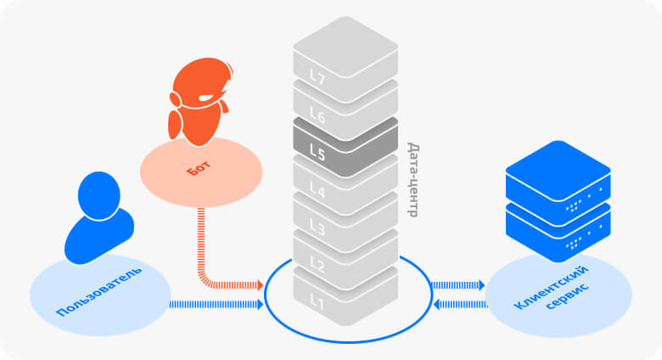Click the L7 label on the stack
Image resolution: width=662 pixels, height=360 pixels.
click(x=317, y=77)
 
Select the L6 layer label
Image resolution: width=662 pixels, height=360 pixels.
click(x=317, y=115)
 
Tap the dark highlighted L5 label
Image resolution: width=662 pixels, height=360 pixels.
click(x=317, y=153)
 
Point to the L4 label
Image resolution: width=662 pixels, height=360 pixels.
click(x=317, y=190)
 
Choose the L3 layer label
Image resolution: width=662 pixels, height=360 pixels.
click(x=317, y=228)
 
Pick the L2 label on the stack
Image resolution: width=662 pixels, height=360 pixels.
click(x=317, y=264)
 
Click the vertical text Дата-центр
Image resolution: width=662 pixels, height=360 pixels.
click(x=412, y=179)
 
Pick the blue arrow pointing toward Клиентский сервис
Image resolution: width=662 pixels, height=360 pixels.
click(x=458, y=285)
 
